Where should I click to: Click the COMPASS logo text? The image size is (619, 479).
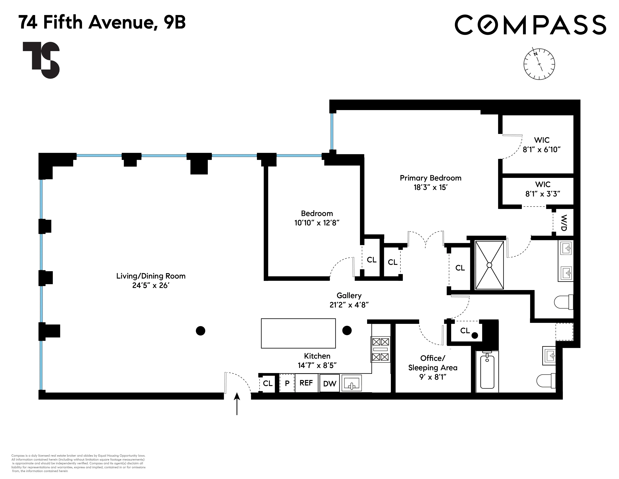pyautogui.click(x=530, y=25)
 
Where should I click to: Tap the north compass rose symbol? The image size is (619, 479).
pyautogui.click(x=539, y=64)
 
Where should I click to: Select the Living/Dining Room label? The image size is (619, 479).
pyautogui.click(x=151, y=276)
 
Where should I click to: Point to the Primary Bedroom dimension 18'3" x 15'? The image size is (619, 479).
pyautogui.click(x=430, y=187)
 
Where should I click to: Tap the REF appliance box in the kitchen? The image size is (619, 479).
pyautogui.click(x=306, y=383)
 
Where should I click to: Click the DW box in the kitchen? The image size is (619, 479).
pyautogui.click(x=330, y=384)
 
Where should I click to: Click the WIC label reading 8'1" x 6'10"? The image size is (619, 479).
pyautogui.click(x=542, y=145)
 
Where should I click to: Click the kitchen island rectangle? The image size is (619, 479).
pyautogui.click(x=298, y=333)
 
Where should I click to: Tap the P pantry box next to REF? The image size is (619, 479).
pyautogui.click(x=287, y=383)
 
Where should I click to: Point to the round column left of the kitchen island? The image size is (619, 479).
pyautogui.click(x=200, y=331)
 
